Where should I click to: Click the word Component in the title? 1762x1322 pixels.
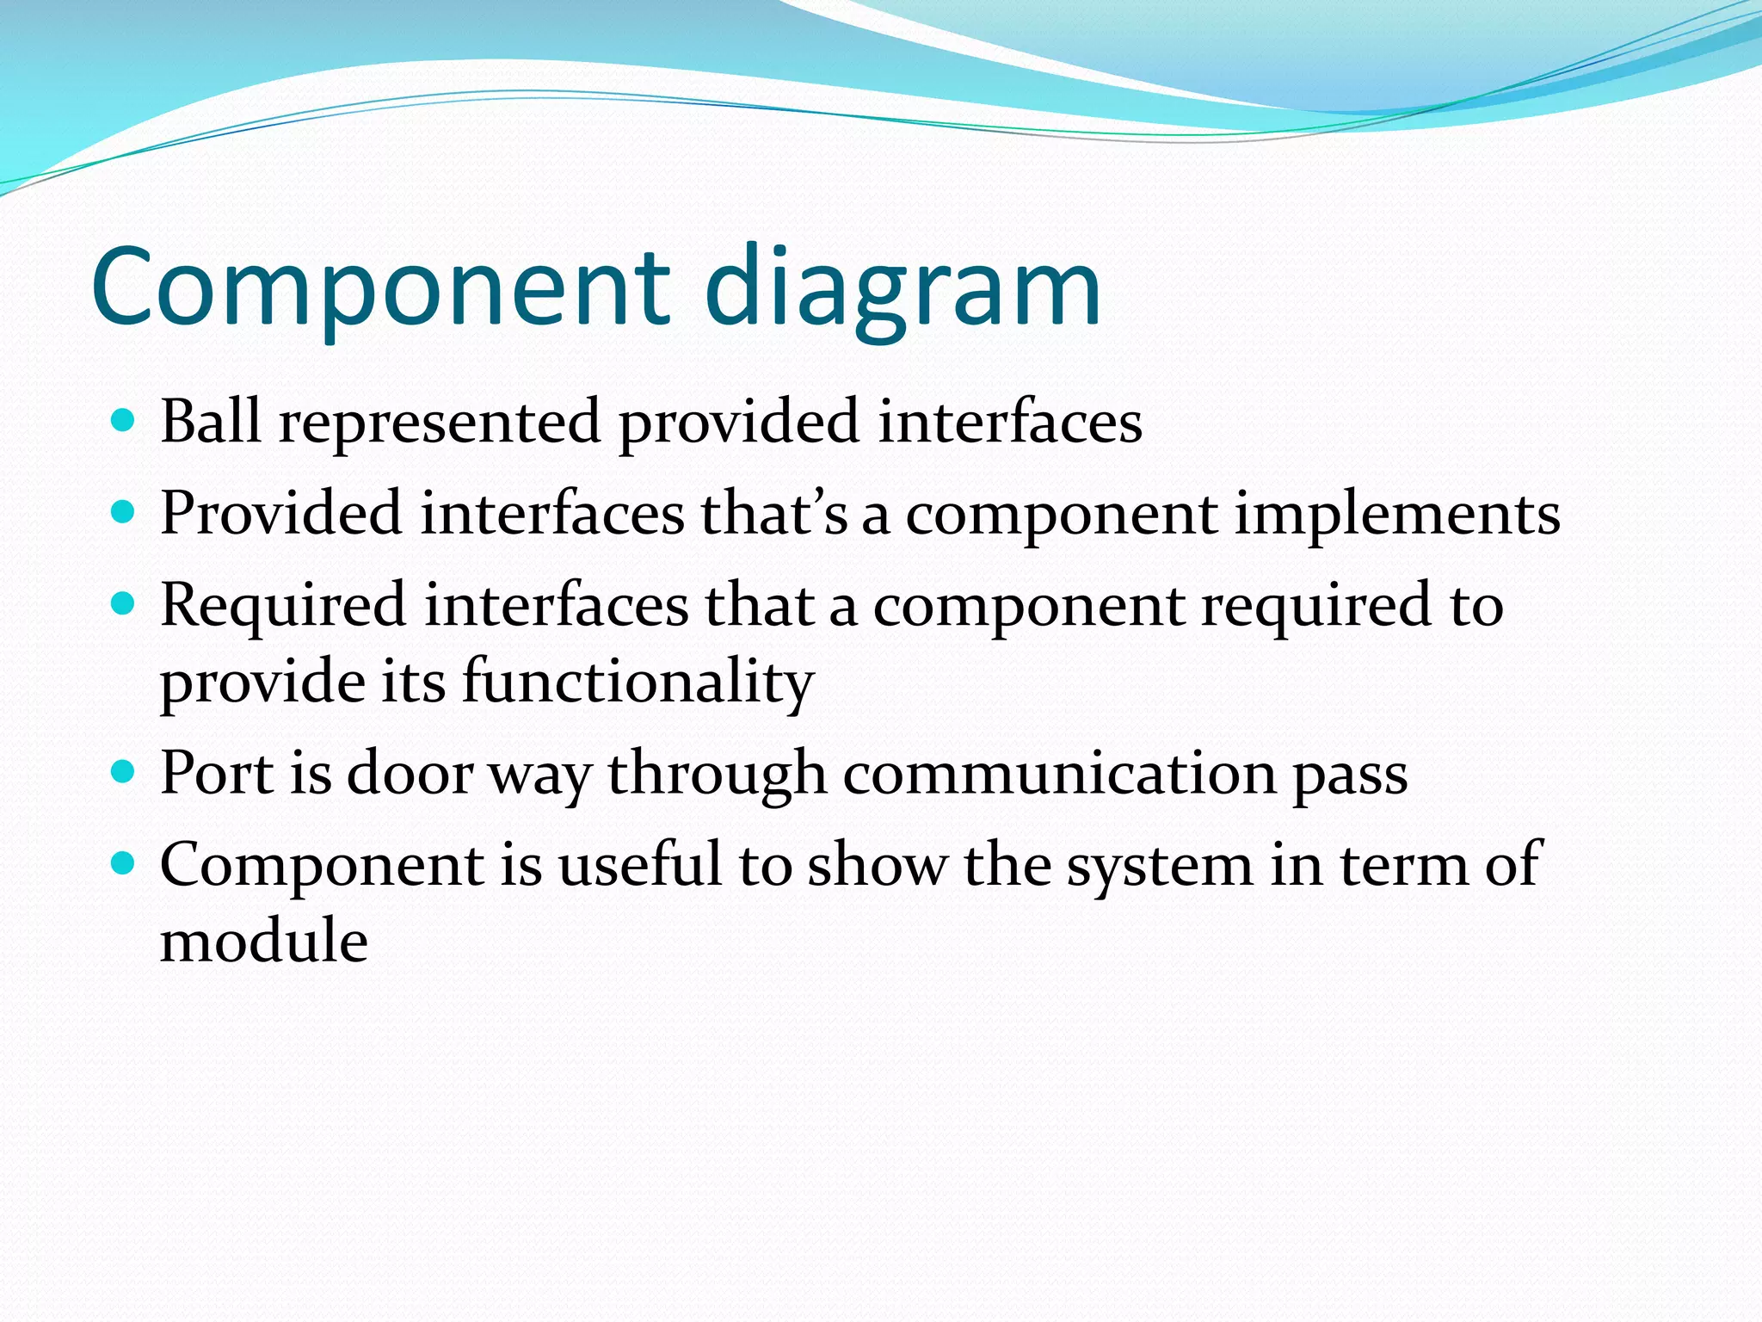point(379,288)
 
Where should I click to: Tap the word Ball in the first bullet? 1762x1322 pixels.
point(211,422)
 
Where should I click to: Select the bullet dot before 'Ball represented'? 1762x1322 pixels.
point(124,421)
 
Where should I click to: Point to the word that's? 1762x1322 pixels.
point(773,514)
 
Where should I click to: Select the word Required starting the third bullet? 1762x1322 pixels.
point(283,606)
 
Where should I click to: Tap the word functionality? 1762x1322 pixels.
point(638,682)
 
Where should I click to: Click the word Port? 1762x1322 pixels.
point(217,773)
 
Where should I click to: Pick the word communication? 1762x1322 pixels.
point(1059,773)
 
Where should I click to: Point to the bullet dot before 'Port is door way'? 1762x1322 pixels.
point(124,770)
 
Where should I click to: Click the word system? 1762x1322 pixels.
point(1160,866)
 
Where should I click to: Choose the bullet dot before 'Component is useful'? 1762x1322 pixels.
point(124,862)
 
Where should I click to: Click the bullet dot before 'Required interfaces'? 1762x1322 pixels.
point(124,604)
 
